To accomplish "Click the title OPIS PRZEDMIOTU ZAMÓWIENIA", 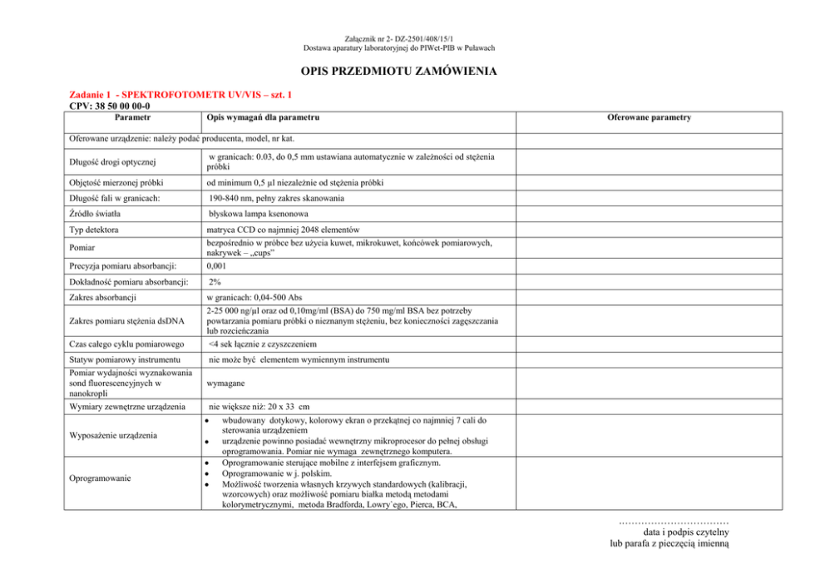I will click(412, 72).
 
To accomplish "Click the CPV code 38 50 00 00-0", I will click(110, 106).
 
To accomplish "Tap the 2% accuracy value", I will click(215, 282).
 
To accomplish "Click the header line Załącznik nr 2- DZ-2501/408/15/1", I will click(412, 38).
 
